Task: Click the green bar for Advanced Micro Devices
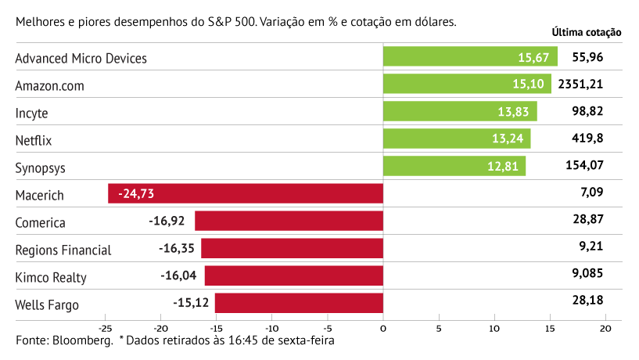click(x=469, y=57)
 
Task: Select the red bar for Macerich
click(x=246, y=193)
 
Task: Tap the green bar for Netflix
click(x=457, y=139)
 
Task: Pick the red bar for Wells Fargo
click(x=299, y=303)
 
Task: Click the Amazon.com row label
click(x=49, y=85)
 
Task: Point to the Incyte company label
click(x=32, y=113)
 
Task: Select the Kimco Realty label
click(x=51, y=277)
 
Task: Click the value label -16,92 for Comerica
click(x=167, y=221)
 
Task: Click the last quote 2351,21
click(x=587, y=85)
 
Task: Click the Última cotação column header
click(x=586, y=33)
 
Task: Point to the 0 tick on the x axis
click(x=383, y=329)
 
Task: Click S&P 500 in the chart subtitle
click(x=231, y=22)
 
